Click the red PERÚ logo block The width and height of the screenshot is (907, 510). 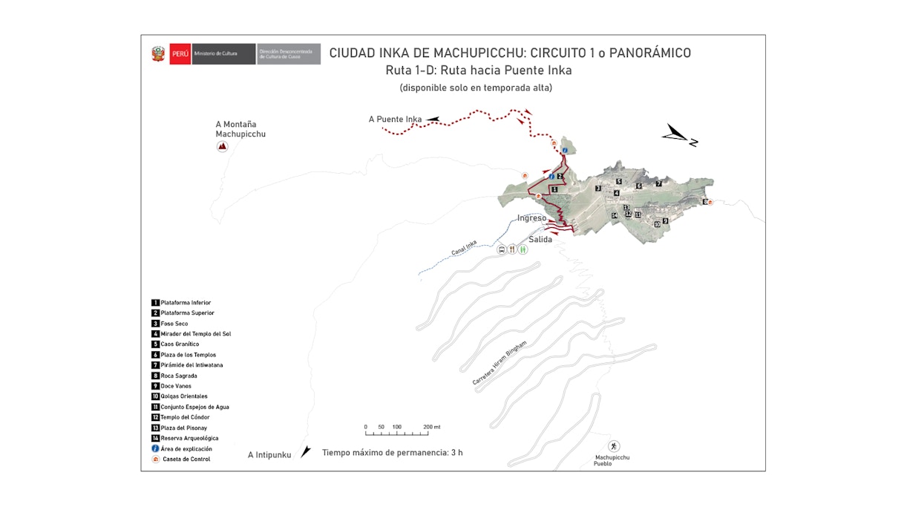(180, 54)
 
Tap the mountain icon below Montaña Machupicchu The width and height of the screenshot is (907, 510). (222, 146)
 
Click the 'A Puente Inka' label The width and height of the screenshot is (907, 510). (395, 119)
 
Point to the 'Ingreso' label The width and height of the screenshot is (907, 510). (532, 218)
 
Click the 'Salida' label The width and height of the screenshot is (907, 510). (540, 239)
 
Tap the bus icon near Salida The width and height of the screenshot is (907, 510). (502, 250)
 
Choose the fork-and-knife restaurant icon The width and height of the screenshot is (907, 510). (512, 250)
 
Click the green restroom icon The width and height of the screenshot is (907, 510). (523, 250)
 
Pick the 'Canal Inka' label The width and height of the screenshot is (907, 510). (464, 248)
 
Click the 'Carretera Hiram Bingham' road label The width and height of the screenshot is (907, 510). (499, 364)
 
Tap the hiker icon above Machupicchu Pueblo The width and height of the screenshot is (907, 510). (614, 446)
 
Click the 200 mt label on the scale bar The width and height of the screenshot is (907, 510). (432, 428)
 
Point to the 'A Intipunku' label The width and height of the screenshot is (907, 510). (269, 454)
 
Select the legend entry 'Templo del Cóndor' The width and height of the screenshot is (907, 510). (185, 417)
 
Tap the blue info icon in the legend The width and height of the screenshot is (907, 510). (155, 448)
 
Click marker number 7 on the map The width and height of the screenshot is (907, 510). (658, 183)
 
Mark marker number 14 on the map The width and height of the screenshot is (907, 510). (614, 215)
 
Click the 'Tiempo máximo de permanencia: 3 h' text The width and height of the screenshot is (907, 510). (392, 452)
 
